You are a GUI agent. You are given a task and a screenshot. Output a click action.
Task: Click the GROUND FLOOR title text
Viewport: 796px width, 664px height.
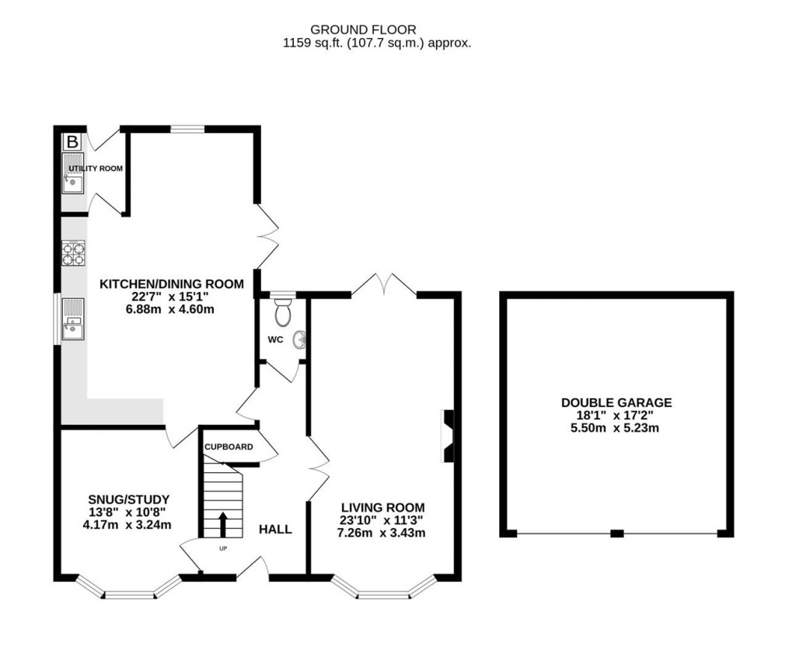point(377,30)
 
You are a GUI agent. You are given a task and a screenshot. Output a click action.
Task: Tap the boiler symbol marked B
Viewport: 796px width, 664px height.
point(72,141)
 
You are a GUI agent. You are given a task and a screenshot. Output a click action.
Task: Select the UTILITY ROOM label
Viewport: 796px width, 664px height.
point(95,169)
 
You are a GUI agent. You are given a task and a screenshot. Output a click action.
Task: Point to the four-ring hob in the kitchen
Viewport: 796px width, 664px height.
point(72,255)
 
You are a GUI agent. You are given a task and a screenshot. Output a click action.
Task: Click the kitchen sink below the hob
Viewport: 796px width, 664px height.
point(72,320)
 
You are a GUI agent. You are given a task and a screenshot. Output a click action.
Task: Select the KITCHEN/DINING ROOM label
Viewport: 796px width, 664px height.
point(171,284)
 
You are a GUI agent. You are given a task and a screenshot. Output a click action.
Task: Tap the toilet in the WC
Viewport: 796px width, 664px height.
point(283,312)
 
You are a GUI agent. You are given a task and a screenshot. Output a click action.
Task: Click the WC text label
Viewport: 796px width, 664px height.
point(274,339)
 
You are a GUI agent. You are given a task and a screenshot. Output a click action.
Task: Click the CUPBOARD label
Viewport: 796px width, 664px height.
point(229,447)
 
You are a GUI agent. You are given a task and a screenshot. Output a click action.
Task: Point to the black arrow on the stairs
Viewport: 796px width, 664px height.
point(223,524)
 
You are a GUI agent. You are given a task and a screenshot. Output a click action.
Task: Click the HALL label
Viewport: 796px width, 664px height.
point(275,530)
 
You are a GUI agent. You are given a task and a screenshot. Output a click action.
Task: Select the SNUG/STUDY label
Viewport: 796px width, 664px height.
point(129,499)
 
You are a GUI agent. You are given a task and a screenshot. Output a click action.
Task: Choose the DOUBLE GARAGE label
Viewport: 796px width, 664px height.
point(616,402)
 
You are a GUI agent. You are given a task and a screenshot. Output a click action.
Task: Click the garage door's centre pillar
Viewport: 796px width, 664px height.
point(616,534)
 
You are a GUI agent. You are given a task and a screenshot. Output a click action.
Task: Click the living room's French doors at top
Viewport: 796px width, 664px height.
point(384,284)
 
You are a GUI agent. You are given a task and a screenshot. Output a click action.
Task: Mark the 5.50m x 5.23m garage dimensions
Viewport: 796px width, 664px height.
point(616,427)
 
